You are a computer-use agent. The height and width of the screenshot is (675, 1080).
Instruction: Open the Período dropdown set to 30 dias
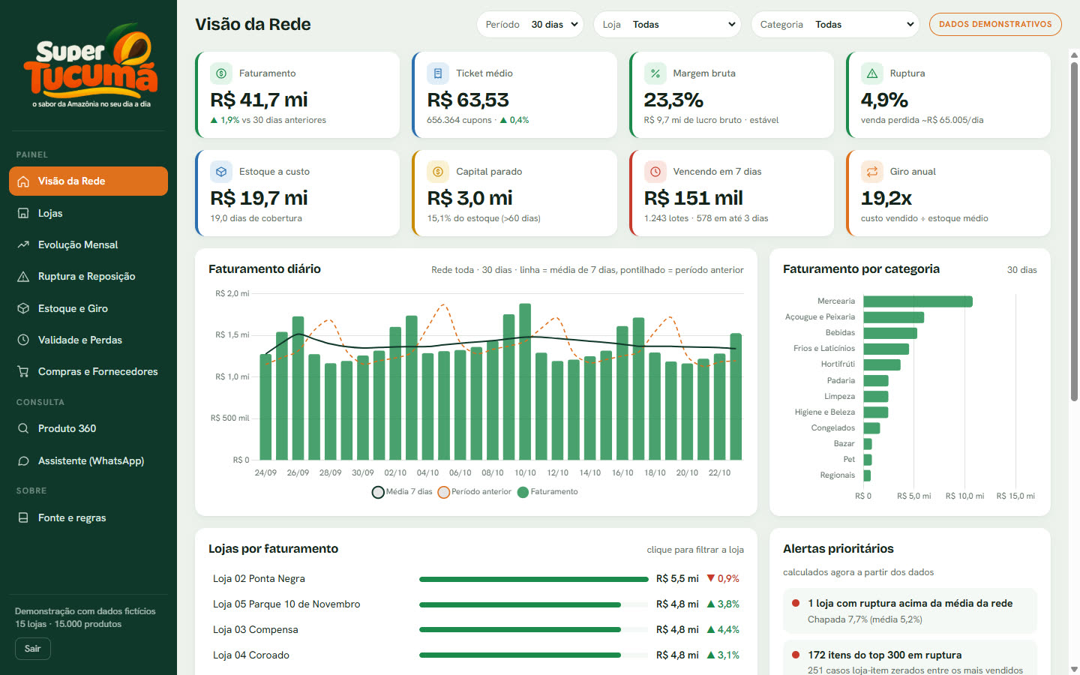[529, 25]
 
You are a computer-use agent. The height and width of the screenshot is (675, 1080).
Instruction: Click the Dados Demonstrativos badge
[995, 24]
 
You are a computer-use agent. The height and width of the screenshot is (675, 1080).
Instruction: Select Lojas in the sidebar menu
[50, 213]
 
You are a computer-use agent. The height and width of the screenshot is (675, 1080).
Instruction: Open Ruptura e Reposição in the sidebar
[86, 276]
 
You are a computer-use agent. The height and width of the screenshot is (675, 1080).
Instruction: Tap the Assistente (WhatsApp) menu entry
[91, 461]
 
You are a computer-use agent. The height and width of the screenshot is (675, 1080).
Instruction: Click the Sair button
[33, 649]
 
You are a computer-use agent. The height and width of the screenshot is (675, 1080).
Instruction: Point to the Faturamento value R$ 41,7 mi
[259, 100]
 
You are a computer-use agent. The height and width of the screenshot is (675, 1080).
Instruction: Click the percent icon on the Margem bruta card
[655, 73]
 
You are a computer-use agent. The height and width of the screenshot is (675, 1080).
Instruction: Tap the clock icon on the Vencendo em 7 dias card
[655, 172]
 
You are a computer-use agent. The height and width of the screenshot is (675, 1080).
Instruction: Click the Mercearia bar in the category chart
[918, 301]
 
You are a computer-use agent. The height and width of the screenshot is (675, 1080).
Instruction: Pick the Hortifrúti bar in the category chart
[882, 364]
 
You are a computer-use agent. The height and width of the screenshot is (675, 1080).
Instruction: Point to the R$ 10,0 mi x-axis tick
[964, 496]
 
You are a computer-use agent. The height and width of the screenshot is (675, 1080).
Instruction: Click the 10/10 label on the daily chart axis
[524, 473]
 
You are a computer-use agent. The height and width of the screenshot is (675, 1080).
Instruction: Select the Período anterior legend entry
[475, 492]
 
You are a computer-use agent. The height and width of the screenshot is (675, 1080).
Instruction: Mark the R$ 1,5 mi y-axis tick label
[232, 335]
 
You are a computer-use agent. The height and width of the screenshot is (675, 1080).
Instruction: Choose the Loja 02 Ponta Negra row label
[259, 578]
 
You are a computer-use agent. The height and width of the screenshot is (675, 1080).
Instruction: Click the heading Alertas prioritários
[838, 549]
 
